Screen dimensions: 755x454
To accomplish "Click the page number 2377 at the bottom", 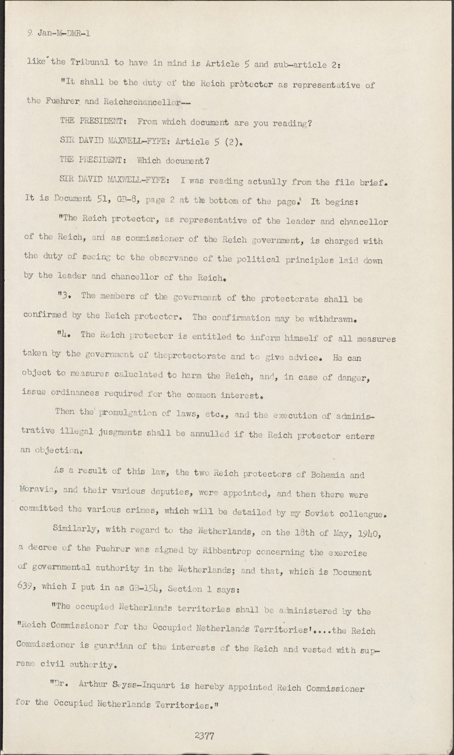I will (205, 735).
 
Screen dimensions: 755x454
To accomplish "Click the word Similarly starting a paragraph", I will (75, 530).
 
